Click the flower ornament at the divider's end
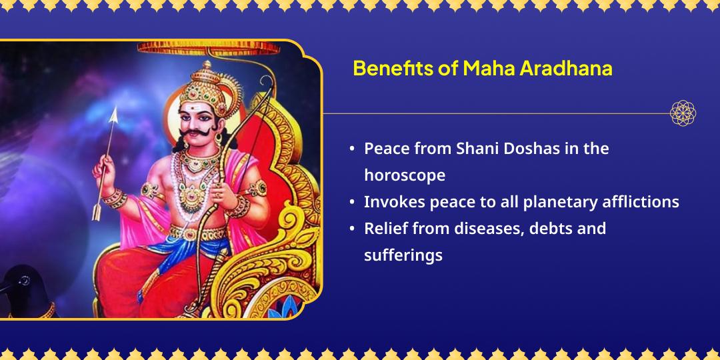683,113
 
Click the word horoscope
404,175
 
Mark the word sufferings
403,255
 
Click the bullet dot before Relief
352,229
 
